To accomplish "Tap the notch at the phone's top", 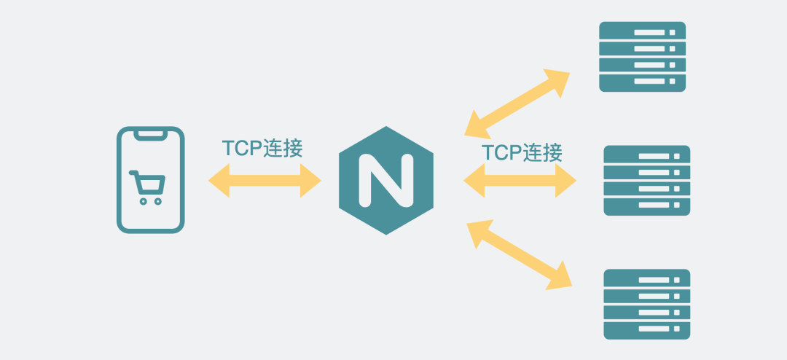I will [151, 134].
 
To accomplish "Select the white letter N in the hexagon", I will [385, 180].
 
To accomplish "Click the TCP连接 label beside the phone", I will [262, 148].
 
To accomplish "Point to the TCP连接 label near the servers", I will [522, 152].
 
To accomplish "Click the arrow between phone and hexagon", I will [265, 180].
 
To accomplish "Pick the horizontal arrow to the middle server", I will [520, 180].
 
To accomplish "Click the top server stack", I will [642, 57].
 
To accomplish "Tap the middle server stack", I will [646, 180].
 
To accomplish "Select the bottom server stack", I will [646, 304].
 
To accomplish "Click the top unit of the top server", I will [642, 31].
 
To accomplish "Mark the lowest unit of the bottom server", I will [646, 329].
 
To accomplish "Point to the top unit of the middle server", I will [646, 155].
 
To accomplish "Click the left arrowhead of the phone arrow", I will [218, 180].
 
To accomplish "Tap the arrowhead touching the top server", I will [557, 82].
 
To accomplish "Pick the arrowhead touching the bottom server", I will [560, 276].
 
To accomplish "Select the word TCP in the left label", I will [243, 148].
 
